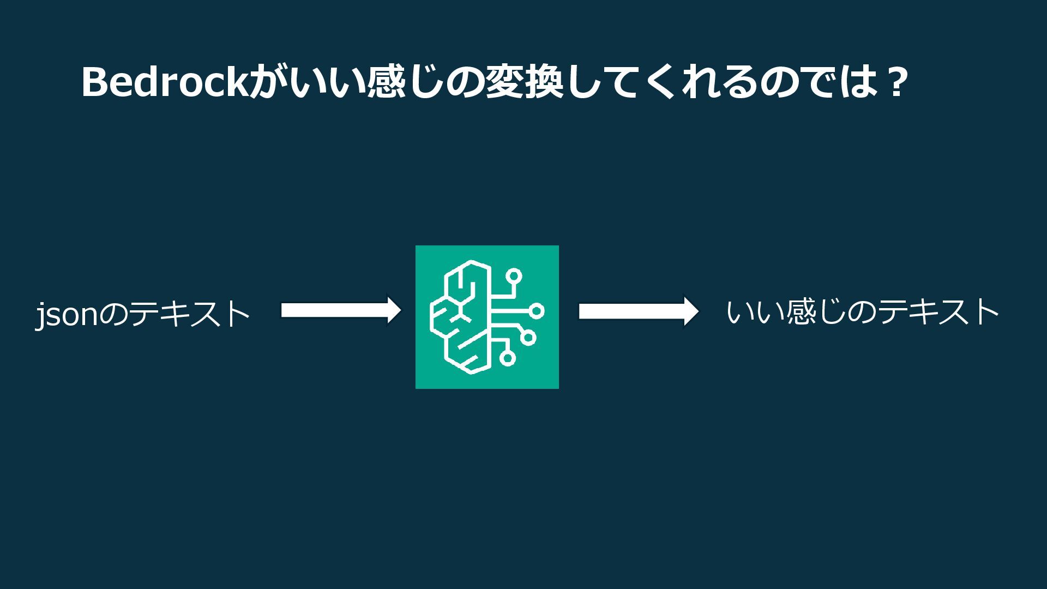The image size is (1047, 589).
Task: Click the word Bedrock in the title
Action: pyautogui.click(x=164, y=83)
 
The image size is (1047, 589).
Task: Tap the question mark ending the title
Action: pyautogui.click(x=894, y=83)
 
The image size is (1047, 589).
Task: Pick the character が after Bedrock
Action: pyautogui.click(x=266, y=83)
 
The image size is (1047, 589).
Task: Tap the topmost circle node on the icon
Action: pyautogui.click(x=513, y=277)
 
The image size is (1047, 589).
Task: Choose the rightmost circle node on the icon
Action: pyautogui.click(x=537, y=311)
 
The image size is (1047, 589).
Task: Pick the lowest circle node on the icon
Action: pyautogui.click(x=507, y=358)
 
